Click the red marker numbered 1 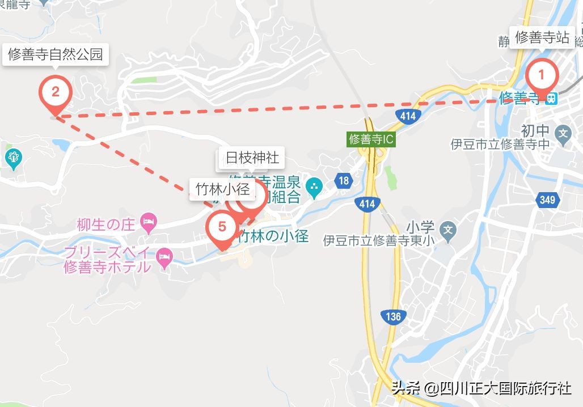pyautogui.click(x=542, y=75)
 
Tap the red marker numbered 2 pyautogui.click(x=55, y=92)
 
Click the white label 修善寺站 pyautogui.click(x=542, y=37)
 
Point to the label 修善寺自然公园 pyautogui.click(x=55, y=54)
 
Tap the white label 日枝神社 pyautogui.click(x=252, y=158)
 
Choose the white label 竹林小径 pyautogui.click(x=222, y=189)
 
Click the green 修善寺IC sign pyautogui.click(x=371, y=139)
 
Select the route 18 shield pyautogui.click(x=343, y=181)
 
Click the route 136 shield pyautogui.click(x=393, y=316)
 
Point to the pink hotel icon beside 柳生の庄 pyautogui.click(x=149, y=224)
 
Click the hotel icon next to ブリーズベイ pyautogui.click(x=164, y=258)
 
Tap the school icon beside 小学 pyautogui.click(x=449, y=230)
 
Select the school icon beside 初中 pyautogui.click(x=563, y=134)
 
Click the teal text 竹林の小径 pyautogui.click(x=274, y=236)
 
